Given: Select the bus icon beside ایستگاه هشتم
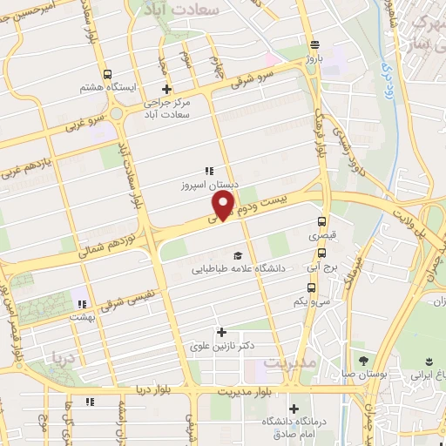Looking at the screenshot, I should (x=106, y=74).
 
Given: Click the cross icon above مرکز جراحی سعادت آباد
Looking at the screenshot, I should (x=166, y=89).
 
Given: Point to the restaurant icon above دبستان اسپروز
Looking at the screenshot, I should (x=208, y=171).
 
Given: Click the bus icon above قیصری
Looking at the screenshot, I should (x=322, y=221).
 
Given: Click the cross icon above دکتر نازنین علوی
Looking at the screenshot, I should (x=221, y=332).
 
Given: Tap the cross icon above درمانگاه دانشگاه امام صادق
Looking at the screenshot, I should (x=294, y=409).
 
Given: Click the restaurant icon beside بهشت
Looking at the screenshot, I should (x=81, y=304).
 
